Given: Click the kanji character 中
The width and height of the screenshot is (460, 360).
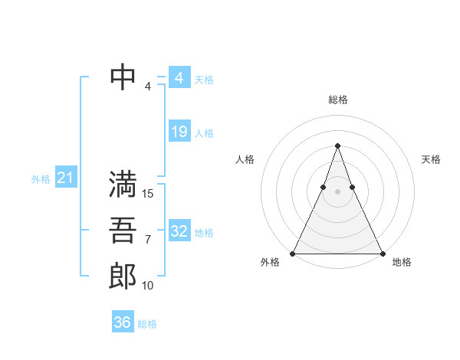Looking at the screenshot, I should pyautogui.click(x=123, y=77).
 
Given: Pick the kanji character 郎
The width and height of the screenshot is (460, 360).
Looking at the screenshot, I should pyautogui.click(x=123, y=275).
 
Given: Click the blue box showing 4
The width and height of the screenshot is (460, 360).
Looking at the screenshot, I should pyautogui.click(x=179, y=78).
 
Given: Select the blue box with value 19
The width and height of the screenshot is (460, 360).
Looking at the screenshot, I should pyautogui.click(x=179, y=132).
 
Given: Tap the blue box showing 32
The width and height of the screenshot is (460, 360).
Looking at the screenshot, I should pyautogui.click(x=179, y=231).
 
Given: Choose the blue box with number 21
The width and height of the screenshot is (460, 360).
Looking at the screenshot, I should pyautogui.click(x=65, y=178).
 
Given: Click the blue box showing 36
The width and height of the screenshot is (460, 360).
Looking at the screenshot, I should pyautogui.click(x=123, y=322).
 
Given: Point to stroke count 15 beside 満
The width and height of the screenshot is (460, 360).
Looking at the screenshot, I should pyautogui.click(x=149, y=194).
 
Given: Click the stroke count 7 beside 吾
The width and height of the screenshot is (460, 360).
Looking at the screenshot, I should pyautogui.click(x=148, y=240).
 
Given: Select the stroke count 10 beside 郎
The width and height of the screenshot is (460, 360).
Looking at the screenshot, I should pyautogui.click(x=148, y=286).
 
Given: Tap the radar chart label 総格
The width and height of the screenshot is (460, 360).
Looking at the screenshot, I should pyautogui.click(x=337, y=100).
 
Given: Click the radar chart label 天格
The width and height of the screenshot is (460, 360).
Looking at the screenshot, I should pyautogui.click(x=431, y=159).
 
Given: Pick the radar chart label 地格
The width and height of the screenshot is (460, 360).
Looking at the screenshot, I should pyautogui.click(x=402, y=262).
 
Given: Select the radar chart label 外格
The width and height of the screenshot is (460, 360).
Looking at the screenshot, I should pyautogui.click(x=270, y=262).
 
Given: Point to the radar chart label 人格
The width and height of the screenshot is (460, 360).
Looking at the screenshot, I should pyautogui.click(x=245, y=159).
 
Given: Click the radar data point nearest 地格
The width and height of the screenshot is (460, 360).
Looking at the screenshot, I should pyautogui.click(x=382, y=253).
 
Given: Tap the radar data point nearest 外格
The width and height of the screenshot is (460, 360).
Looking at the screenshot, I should pyautogui.click(x=293, y=253).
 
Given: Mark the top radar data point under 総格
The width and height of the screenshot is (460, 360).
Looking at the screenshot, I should pyautogui.click(x=337, y=146).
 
